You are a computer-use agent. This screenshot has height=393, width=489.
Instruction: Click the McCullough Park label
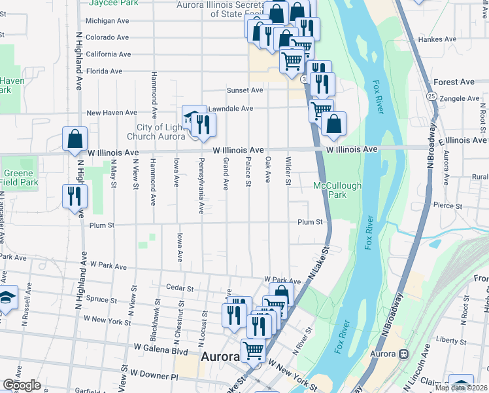(x=337, y=190)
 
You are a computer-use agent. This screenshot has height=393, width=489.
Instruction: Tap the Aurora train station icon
(x=404, y=354)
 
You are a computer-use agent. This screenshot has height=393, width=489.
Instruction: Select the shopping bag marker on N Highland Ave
(x=75, y=139)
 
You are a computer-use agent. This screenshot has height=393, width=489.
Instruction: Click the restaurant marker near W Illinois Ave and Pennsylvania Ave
(x=203, y=123)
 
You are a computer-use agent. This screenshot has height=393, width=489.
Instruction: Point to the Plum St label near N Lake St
(x=310, y=223)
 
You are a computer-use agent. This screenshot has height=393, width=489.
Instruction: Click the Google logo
(x=22, y=385)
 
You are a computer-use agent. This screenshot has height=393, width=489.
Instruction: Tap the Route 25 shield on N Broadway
(x=431, y=96)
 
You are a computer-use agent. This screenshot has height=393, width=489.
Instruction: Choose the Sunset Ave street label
(x=244, y=90)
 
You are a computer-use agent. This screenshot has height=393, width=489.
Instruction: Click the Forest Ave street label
(x=454, y=83)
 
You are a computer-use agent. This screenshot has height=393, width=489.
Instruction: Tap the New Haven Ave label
(x=113, y=113)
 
